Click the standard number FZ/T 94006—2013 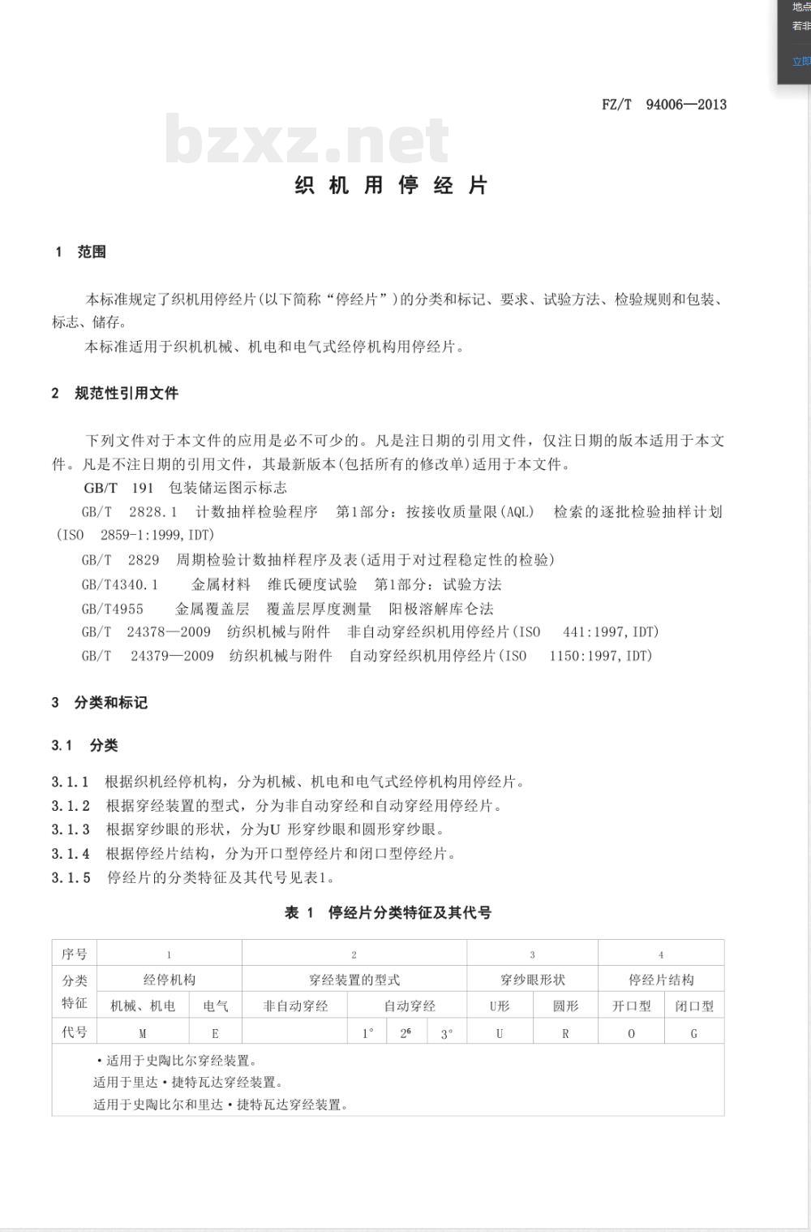[x=664, y=104]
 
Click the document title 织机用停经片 [x=391, y=185]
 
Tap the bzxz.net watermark [x=307, y=139]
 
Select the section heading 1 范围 [x=80, y=252]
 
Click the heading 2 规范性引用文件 [x=114, y=393]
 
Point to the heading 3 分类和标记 [x=99, y=702]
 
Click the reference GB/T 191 [x=118, y=488]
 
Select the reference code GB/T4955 [x=113, y=609]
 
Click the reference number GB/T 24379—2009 [x=148, y=656]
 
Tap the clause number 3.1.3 [x=71, y=829]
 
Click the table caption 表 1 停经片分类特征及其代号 [x=388, y=912]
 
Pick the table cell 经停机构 [x=169, y=980]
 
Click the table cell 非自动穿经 [x=295, y=1006]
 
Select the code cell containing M [x=143, y=1033]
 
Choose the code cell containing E [x=215, y=1033]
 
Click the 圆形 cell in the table [x=565, y=1006]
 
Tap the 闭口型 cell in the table [x=694, y=1006]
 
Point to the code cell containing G [x=694, y=1033]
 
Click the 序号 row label [x=74, y=954]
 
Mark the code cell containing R [x=565, y=1033]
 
